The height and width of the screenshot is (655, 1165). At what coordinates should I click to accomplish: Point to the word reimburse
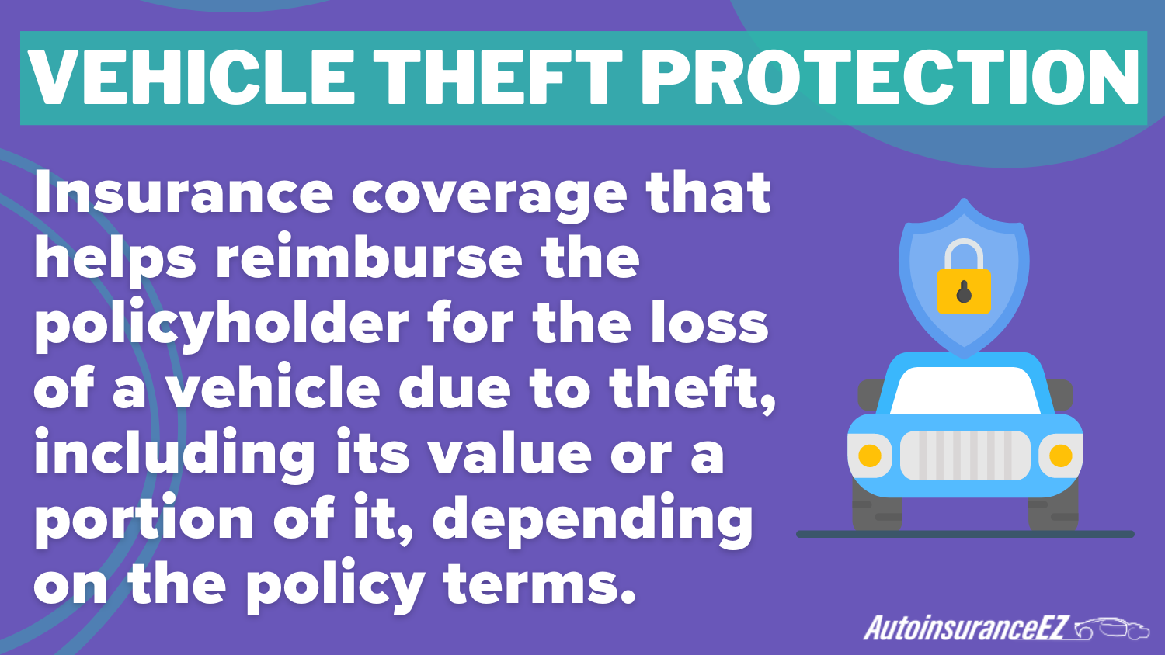click(x=368, y=258)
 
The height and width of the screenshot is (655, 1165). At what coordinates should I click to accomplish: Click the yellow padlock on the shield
click(x=964, y=288)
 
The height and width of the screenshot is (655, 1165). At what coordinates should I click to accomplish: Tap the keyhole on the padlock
click(x=964, y=293)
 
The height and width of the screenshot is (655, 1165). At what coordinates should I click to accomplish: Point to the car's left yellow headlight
click(x=870, y=456)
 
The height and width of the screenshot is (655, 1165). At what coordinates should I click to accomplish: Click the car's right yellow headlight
click(x=1060, y=456)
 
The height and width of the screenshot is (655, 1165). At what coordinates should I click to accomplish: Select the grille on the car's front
click(x=965, y=456)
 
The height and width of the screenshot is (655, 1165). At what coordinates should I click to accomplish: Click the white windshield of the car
click(x=965, y=390)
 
